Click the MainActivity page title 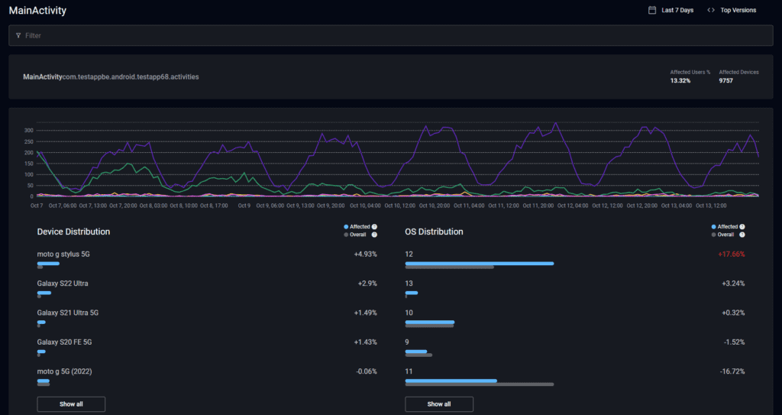coord(37,11)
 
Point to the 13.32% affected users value coord(680,80)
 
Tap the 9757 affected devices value coord(725,80)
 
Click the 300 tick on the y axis coord(29,131)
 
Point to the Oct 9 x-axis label coord(244,205)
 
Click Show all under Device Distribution coord(71,404)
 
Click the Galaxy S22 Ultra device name coord(63,284)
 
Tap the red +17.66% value coord(731,254)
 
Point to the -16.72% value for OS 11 coord(732,371)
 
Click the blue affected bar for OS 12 coord(479,263)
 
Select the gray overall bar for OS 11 coord(479,384)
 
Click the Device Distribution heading coord(73,232)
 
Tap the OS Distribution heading coord(434,232)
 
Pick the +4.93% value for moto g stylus coord(365,254)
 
